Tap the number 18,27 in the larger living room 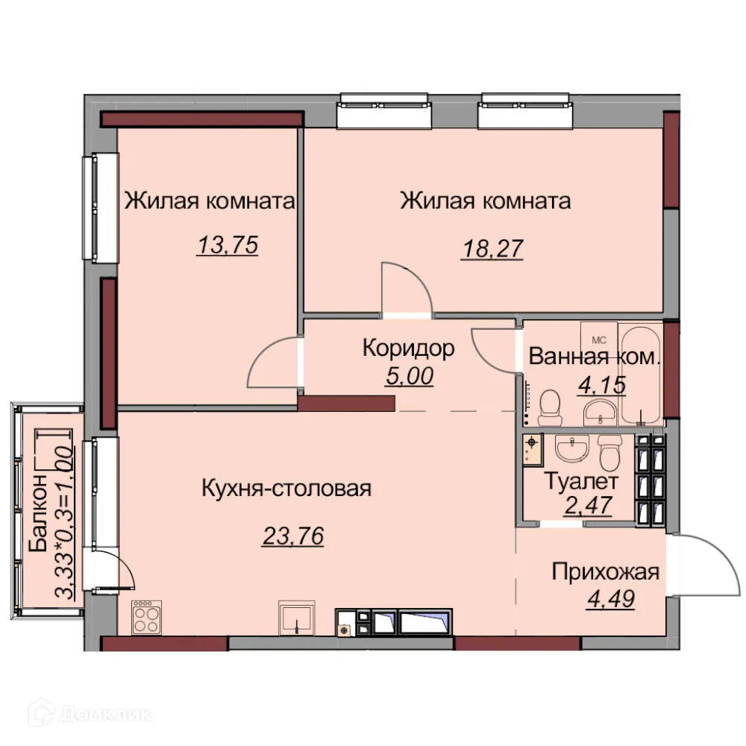point(492,247)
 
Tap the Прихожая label point(606,572)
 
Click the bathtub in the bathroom point(642,377)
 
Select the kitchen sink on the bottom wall point(297,618)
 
